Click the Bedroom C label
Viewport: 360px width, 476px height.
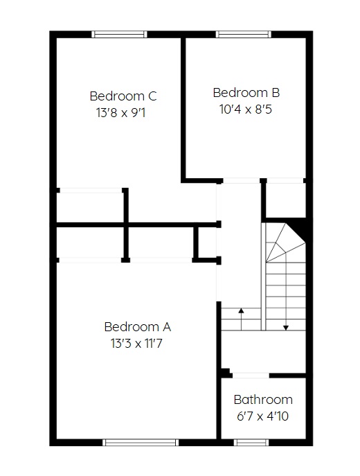tap(123, 96)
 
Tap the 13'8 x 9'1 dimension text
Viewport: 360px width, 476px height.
tap(121, 113)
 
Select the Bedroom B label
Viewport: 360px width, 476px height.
tap(246, 93)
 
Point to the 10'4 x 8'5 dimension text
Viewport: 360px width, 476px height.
tap(246, 109)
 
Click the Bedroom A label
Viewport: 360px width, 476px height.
tap(137, 327)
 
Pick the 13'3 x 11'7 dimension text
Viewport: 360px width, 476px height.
tap(136, 344)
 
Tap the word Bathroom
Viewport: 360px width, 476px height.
tap(263, 400)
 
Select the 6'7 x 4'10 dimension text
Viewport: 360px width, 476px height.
tap(262, 416)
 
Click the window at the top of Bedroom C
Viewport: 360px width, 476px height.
tap(120, 35)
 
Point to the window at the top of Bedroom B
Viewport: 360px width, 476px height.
tap(244, 35)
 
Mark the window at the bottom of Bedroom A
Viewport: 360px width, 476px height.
tap(141, 442)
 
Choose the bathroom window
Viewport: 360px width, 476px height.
tap(251, 442)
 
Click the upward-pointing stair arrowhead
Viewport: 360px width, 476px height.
tap(241, 310)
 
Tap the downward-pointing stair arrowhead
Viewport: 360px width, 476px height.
tap(286, 328)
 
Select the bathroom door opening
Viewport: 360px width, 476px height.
tap(251, 376)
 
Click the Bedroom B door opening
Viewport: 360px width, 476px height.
tap(242, 181)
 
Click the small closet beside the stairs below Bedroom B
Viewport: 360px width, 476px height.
tap(286, 200)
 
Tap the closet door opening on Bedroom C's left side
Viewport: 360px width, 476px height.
tap(91, 191)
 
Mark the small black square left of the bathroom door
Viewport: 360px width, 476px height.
tap(225, 373)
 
